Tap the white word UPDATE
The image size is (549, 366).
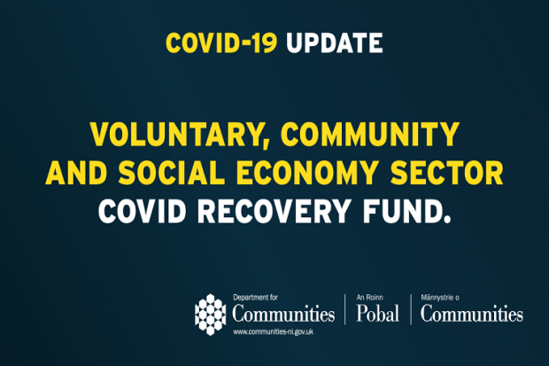(336, 42)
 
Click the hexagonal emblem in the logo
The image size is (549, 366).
(211, 313)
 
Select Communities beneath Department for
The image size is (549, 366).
(283, 315)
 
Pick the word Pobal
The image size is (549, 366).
(377, 315)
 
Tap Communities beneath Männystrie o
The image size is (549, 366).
(471, 315)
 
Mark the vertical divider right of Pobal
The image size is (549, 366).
(411, 310)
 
